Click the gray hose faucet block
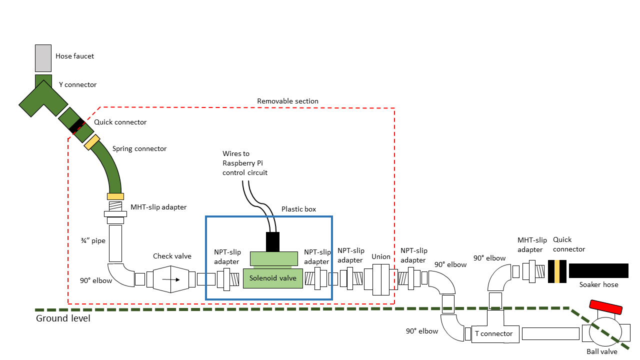coord(43,58)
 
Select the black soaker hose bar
coord(598,270)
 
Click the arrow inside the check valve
coord(171,278)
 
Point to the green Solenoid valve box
coord(273,278)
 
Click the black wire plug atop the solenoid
coord(272,241)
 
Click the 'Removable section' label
coord(287,101)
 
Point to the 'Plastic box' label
coord(298,209)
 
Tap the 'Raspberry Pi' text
coord(242,163)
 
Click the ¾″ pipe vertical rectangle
coord(115,243)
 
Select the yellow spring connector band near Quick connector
coord(92,142)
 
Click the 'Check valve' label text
coord(172,256)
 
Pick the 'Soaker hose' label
coord(598,284)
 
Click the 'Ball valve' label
coord(601,351)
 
